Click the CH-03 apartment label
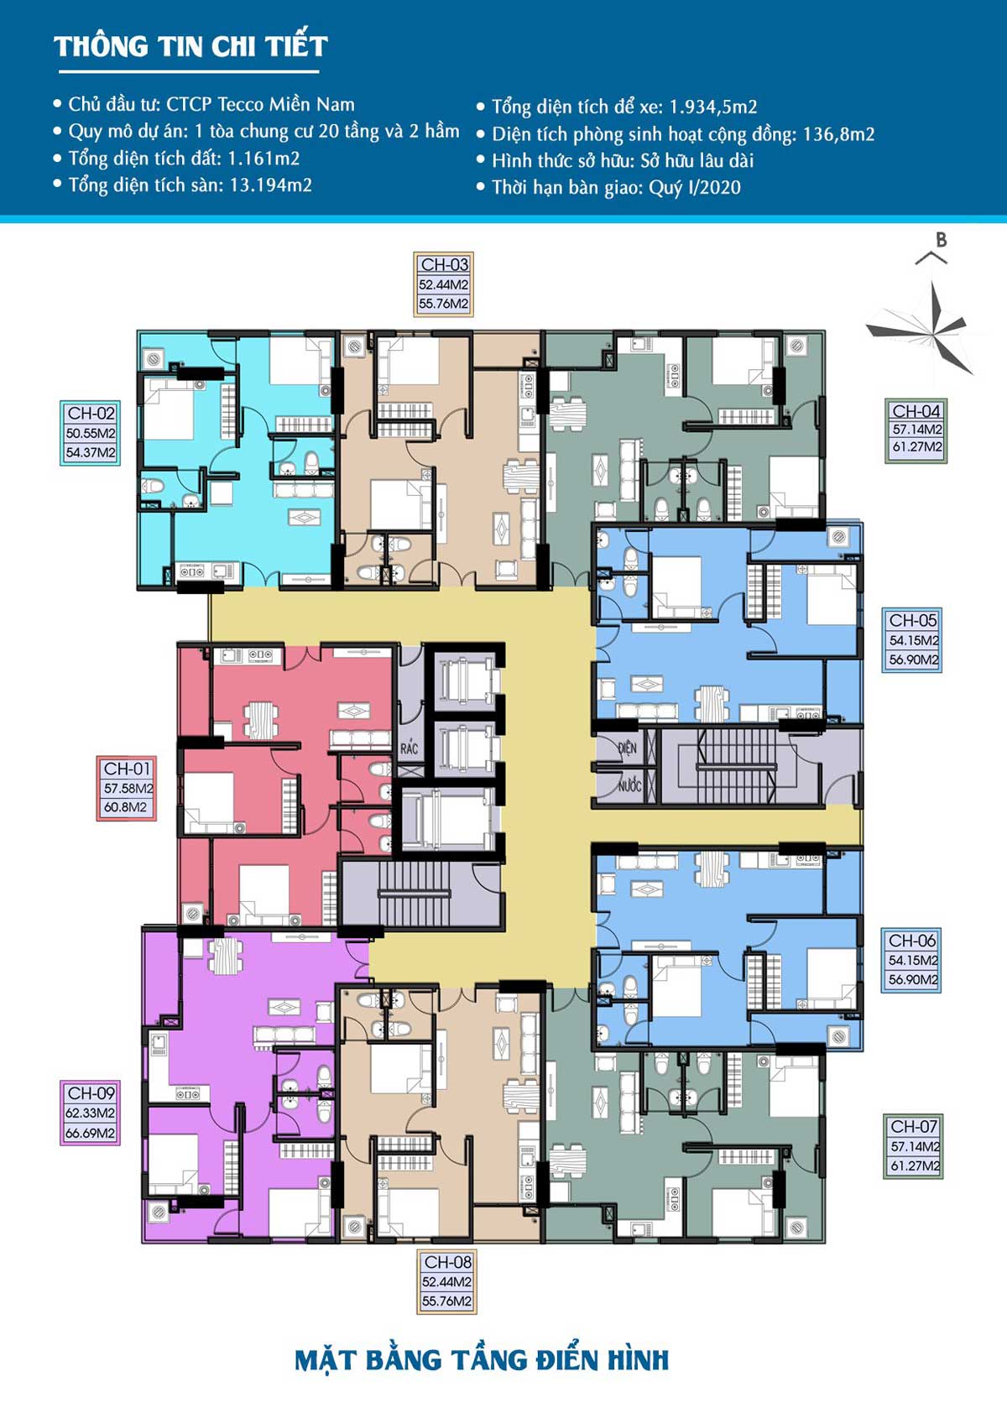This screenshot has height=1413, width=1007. click(445, 264)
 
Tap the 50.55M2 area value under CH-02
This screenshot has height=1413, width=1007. click(91, 433)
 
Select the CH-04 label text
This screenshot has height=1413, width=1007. click(916, 410)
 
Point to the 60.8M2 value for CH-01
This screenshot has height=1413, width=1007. click(125, 807)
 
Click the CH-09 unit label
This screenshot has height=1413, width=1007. click(91, 1092)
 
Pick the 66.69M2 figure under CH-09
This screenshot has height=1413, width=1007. click(91, 1133)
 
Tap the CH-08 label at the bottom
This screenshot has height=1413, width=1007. click(447, 1262)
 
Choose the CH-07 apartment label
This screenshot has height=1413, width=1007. click(914, 1126)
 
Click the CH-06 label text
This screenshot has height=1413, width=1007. click(912, 941)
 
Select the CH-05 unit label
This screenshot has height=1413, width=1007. click(913, 620)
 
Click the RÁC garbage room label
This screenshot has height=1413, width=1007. click(409, 748)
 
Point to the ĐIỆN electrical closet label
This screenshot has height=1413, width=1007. click(627, 748)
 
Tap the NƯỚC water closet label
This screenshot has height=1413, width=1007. click(629, 785)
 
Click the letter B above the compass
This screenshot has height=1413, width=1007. click(942, 240)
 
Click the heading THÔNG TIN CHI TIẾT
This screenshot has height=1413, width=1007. click(190, 46)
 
